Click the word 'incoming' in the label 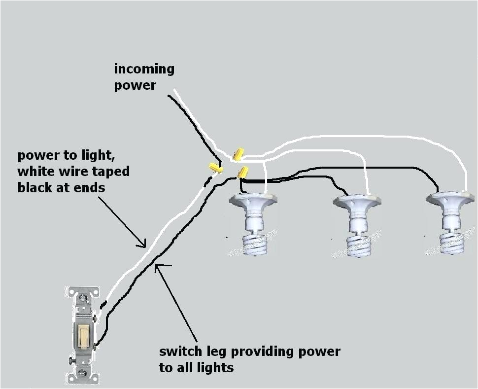coord(144,69)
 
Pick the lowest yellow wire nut coord(243,172)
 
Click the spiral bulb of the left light coord(255,244)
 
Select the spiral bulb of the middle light coord(359,246)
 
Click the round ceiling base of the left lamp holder coord(253,200)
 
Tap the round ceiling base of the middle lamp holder coord(357,201)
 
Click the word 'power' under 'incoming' coord(135,85)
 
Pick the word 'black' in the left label coord(36,187)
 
